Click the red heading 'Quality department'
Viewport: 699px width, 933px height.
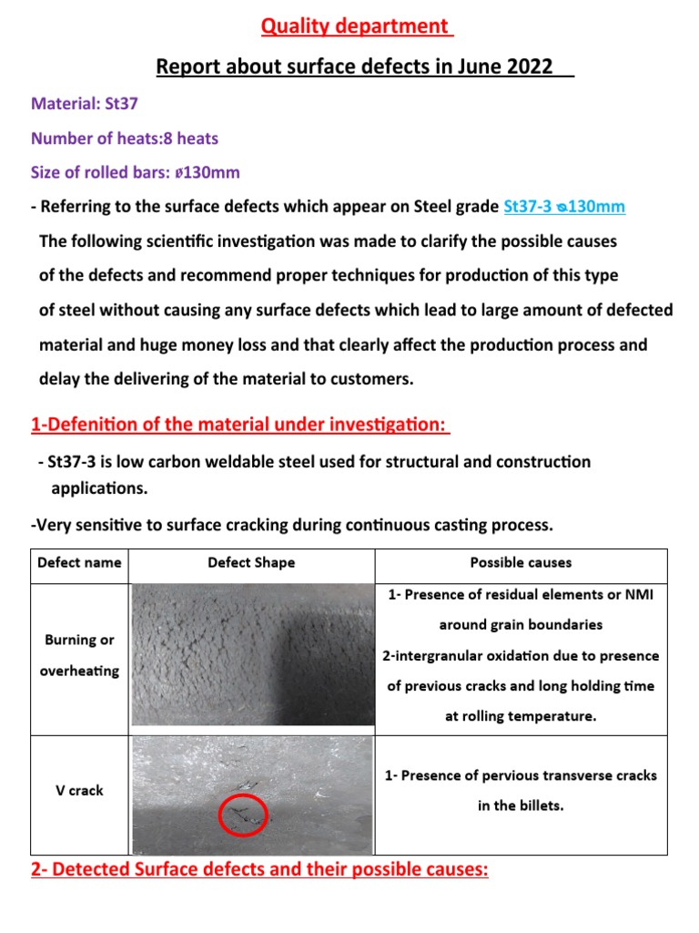click(357, 26)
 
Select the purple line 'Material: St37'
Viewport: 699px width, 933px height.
click(84, 104)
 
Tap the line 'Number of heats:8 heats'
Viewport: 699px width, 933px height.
click(125, 138)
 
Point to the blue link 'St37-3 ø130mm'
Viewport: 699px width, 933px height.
click(564, 207)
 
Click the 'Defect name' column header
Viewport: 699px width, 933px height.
click(79, 563)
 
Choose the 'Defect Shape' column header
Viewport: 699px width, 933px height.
click(251, 563)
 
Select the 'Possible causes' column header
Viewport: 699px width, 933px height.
click(521, 563)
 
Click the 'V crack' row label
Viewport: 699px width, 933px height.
click(80, 790)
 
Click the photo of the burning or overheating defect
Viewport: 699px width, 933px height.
click(252, 655)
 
